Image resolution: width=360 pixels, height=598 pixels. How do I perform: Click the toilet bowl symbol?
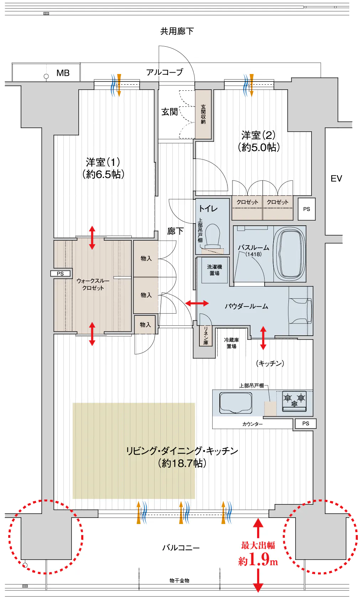coord(213,237)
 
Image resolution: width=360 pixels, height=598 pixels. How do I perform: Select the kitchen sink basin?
coord(236,403)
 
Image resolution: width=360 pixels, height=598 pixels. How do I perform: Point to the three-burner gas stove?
coord(294,401)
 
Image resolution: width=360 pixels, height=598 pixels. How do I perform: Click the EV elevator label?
coord(336,178)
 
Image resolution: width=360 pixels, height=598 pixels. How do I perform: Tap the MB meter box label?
coord(63,73)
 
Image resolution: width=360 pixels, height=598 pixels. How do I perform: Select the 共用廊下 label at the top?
coord(177,31)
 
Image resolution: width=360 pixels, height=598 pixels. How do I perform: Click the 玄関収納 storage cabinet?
coord(203,114)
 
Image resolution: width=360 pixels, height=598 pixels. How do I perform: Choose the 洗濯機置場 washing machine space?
coord(214,270)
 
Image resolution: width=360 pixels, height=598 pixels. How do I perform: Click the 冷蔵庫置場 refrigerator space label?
coord(231,343)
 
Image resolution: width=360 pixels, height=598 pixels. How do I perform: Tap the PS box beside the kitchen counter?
coord(306,424)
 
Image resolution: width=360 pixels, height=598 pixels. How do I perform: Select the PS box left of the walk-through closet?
coord(61,274)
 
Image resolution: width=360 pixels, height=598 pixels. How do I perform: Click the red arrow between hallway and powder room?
coord(197,303)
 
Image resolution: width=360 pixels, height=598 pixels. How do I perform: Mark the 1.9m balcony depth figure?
coord(258,560)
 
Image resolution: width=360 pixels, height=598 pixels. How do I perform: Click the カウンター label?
coord(252,424)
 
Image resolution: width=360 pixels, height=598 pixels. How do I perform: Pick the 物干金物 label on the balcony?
coord(179,580)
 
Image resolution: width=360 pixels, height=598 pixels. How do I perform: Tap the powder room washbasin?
coord(301,311)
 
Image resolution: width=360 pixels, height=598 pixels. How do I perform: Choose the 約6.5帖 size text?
coord(103,174)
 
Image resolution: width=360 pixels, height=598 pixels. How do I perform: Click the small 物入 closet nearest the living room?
coord(145,325)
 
